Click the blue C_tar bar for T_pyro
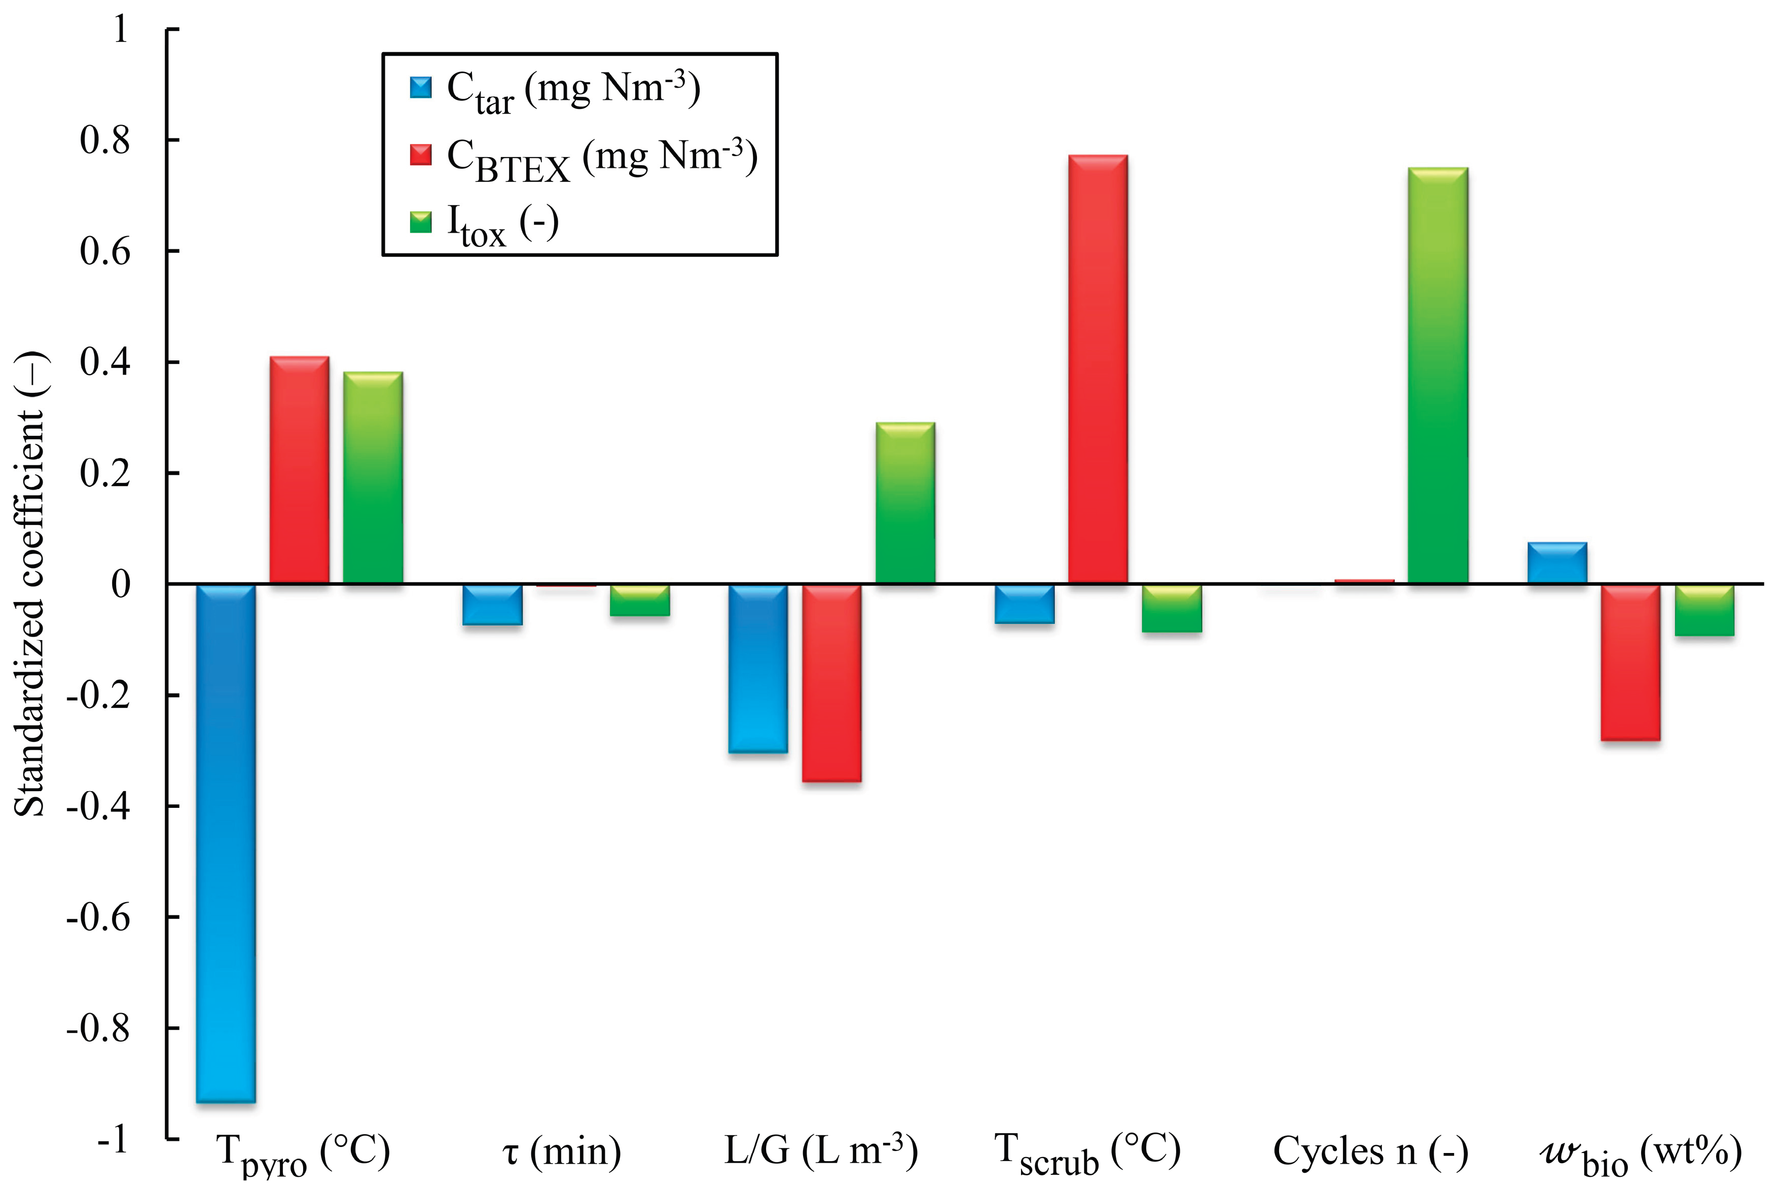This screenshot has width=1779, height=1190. coord(226,842)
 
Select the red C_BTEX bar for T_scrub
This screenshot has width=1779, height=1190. coord(1098,369)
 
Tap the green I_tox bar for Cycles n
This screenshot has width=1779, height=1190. coord(1438,376)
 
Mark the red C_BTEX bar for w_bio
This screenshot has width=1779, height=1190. coord(1631,662)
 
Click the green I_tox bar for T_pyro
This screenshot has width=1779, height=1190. coord(373,477)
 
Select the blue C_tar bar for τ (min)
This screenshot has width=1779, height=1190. coord(493,604)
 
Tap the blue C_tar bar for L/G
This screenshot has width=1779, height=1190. coord(758,668)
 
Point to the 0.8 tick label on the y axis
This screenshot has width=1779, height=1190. coord(105,140)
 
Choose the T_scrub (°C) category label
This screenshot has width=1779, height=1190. coord(1087,1153)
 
